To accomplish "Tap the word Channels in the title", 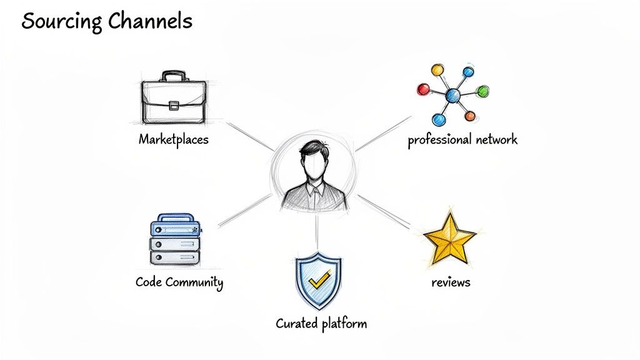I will pos(149,21).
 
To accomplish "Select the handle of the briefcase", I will pos(173,77).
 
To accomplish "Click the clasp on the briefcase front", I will pos(173,105).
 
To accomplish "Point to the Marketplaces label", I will pos(173,139).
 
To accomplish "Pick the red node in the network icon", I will pos(424,89).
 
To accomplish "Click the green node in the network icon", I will pos(482,91).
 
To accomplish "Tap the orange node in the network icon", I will pos(470,116).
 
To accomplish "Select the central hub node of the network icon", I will pos(452,96).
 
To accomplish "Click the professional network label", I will pos(462,139).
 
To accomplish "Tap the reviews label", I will pos(451,282).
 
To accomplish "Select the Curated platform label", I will pos(321,324).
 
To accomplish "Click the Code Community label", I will pos(179,282).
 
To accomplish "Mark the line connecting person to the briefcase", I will pos(250,136).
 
